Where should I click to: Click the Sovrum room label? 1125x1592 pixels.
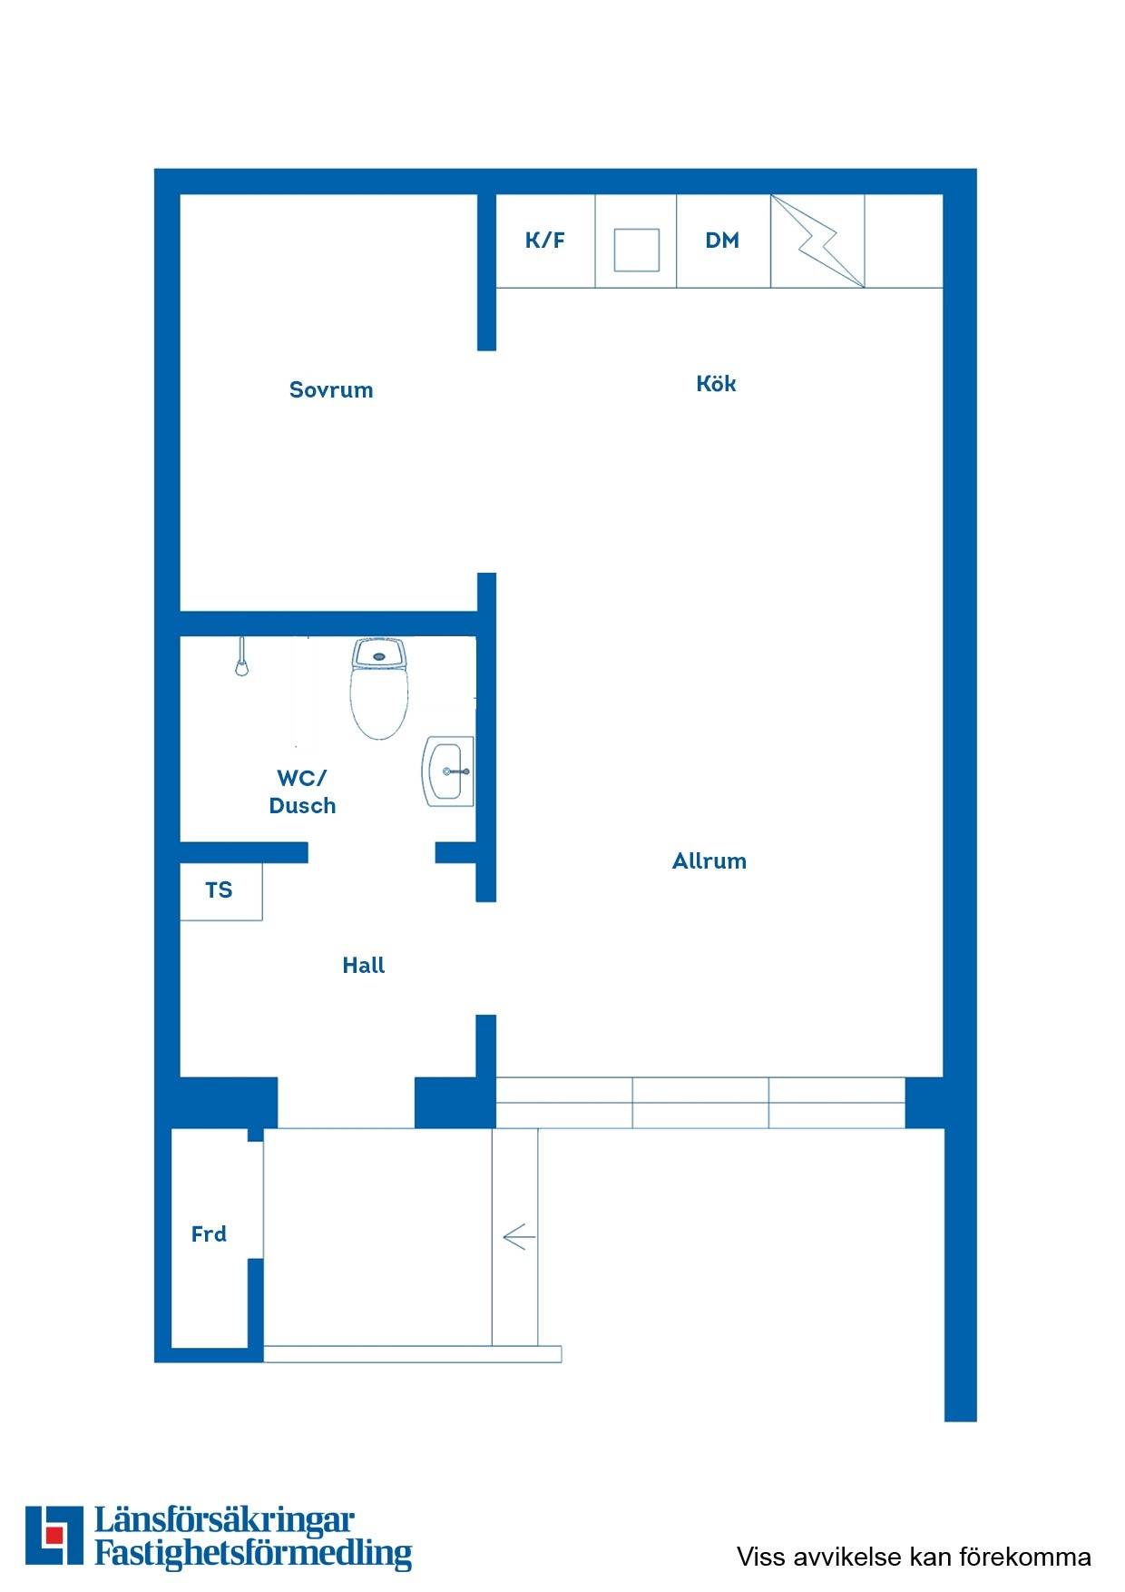(x=331, y=390)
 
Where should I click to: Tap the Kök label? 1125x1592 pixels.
(x=716, y=383)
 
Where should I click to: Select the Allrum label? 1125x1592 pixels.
(x=709, y=860)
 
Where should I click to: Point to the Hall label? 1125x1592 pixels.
(x=364, y=965)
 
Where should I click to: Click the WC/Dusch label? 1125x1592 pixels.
(x=303, y=791)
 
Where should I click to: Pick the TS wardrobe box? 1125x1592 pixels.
(x=221, y=891)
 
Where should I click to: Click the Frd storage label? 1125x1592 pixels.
(x=209, y=1233)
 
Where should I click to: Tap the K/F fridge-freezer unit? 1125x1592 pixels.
(x=545, y=241)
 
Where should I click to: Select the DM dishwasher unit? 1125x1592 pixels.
(x=723, y=241)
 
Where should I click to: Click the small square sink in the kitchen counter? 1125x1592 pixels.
(x=637, y=250)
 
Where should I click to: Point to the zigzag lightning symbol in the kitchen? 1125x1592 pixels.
(x=817, y=241)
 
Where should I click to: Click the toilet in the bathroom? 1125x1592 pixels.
(x=380, y=688)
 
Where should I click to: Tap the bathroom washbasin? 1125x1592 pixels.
(x=448, y=771)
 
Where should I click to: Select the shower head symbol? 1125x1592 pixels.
(x=241, y=658)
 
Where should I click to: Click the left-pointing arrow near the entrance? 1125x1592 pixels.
(x=519, y=1236)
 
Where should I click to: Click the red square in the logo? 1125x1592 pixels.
(x=54, y=1535)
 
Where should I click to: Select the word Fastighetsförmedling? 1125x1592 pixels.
(x=254, y=1553)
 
